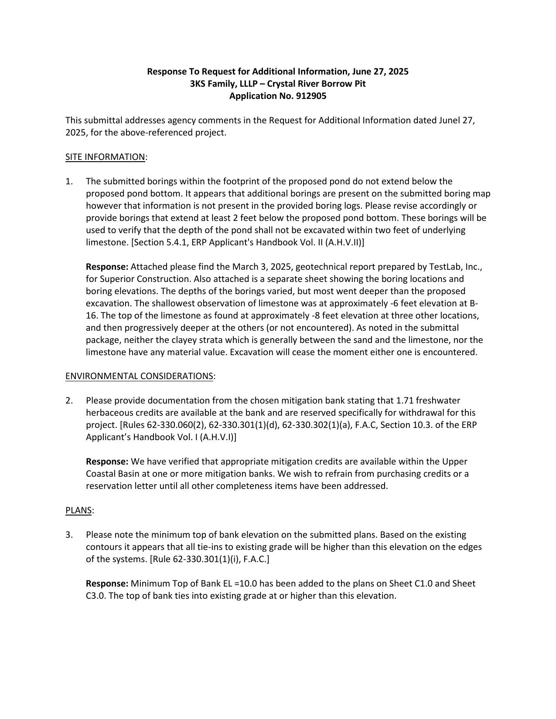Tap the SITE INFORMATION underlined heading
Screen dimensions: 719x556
point(105,157)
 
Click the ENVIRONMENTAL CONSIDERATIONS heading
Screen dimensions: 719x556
point(139,376)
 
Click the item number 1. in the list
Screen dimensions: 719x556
point(69,182)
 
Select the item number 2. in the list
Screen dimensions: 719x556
point(69,401)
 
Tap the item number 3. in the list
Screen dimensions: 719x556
point(69,535)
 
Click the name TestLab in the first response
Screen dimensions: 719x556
point(445,267)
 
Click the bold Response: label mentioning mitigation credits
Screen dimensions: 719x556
point(107,462)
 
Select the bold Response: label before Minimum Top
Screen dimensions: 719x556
point(107,584)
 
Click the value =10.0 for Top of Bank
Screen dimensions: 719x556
point(248,584)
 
